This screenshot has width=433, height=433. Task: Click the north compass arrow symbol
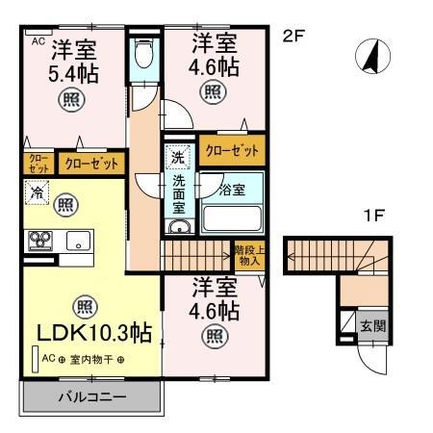(x=368, y=58)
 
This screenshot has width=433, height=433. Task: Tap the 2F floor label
(x=293, y=38)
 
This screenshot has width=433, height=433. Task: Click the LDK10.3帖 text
(x=93, y=333)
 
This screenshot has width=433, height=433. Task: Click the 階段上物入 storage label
(x=247, y=255)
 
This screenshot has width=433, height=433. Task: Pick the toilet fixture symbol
(x=145, y=52)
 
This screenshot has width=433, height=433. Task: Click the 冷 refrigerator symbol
(x=34, y=191)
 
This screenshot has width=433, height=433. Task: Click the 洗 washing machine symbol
(x=178, y=156)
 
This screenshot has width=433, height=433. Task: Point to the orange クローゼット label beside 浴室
(x=232, y=150)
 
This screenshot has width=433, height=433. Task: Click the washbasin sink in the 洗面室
(x=178, y=227)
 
